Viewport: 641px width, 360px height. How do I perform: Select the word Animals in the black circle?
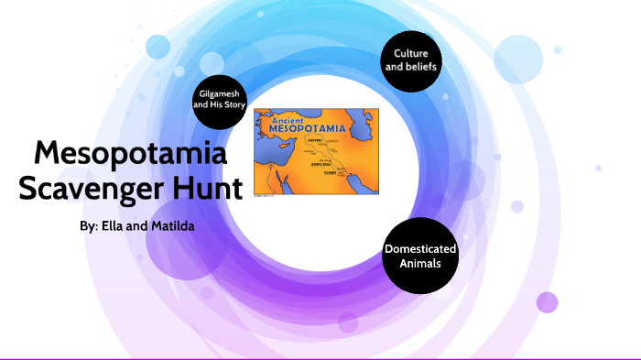click(419, 263)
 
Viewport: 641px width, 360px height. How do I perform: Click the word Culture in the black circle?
click(411, 52)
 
